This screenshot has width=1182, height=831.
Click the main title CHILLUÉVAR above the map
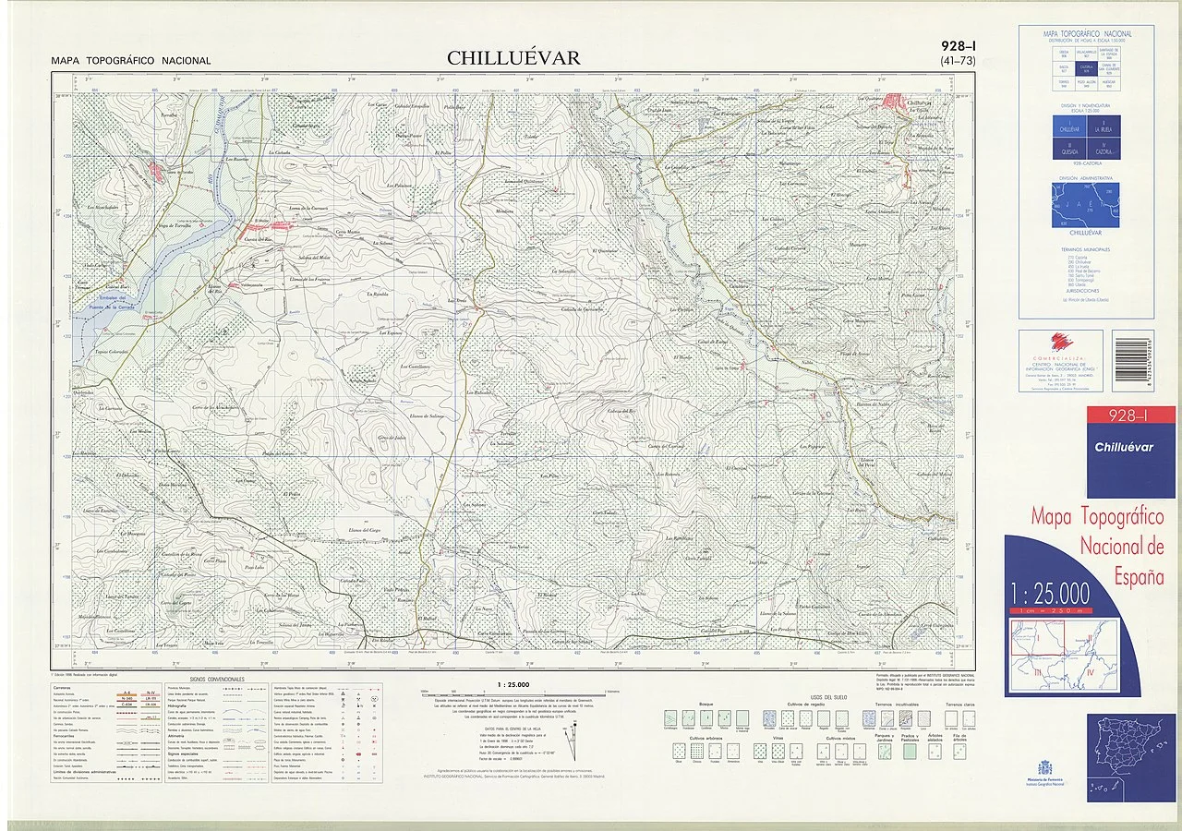pos(513,58)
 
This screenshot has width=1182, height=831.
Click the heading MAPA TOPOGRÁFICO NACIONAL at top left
pos(131,61)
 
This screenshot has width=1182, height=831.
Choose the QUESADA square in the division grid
pos(1069,150)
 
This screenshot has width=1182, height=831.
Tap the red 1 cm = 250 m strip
pos(1050,610)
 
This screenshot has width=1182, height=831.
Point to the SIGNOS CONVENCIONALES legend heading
pos(217,679)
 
